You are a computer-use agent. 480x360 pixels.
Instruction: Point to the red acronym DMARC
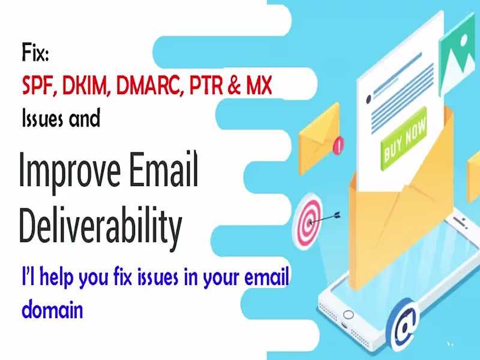149,86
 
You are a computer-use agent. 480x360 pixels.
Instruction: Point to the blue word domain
52,311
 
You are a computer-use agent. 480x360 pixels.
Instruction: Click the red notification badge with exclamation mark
340,144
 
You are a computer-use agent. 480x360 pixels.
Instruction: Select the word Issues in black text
41,118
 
